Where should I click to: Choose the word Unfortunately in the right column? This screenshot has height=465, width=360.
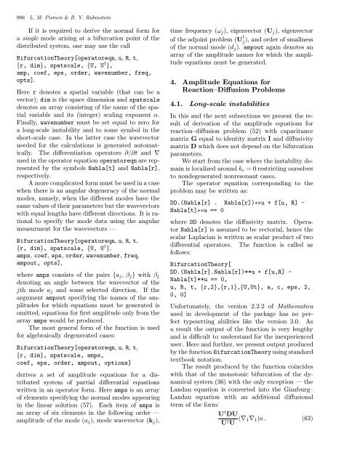(214, 311)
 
